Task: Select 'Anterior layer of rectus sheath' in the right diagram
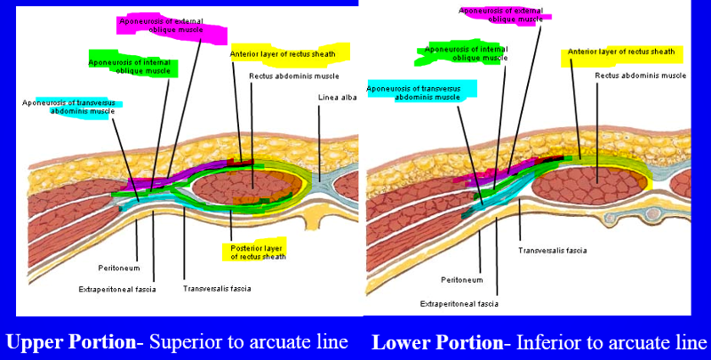pos(622,52)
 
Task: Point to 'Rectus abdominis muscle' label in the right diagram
pos(641,76)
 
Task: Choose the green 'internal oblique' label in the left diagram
pos(132,67)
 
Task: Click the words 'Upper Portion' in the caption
pos(67,342)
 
